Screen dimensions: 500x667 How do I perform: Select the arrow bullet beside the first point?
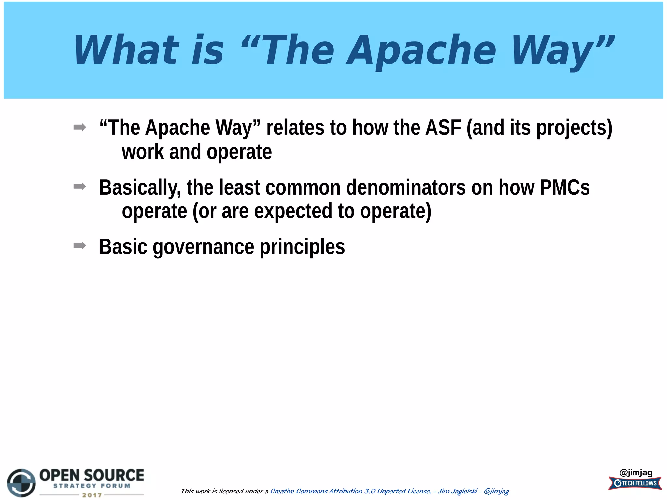[80, 127]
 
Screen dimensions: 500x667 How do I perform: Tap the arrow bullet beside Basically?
[80, 187]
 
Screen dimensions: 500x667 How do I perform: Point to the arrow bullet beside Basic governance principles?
[80, 245]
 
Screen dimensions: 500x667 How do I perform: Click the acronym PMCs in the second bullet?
[564, 187]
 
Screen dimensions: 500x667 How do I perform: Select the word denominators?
[406, 187]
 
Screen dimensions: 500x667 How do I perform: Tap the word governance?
[203, 247]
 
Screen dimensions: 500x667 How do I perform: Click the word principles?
[302, 247]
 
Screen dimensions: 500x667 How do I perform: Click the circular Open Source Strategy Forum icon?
[21, 483]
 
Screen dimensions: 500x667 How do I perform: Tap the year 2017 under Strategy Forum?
[92, 495]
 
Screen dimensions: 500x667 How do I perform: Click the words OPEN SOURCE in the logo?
[92, 475]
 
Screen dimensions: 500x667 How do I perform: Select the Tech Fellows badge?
[635, 483]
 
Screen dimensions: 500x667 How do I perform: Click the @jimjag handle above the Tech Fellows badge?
[636, 472]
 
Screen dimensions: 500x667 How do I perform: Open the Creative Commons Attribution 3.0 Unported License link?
[350, 491]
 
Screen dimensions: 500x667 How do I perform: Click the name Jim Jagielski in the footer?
[457, 491]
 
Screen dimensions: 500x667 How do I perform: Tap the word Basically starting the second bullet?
[139, 187]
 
